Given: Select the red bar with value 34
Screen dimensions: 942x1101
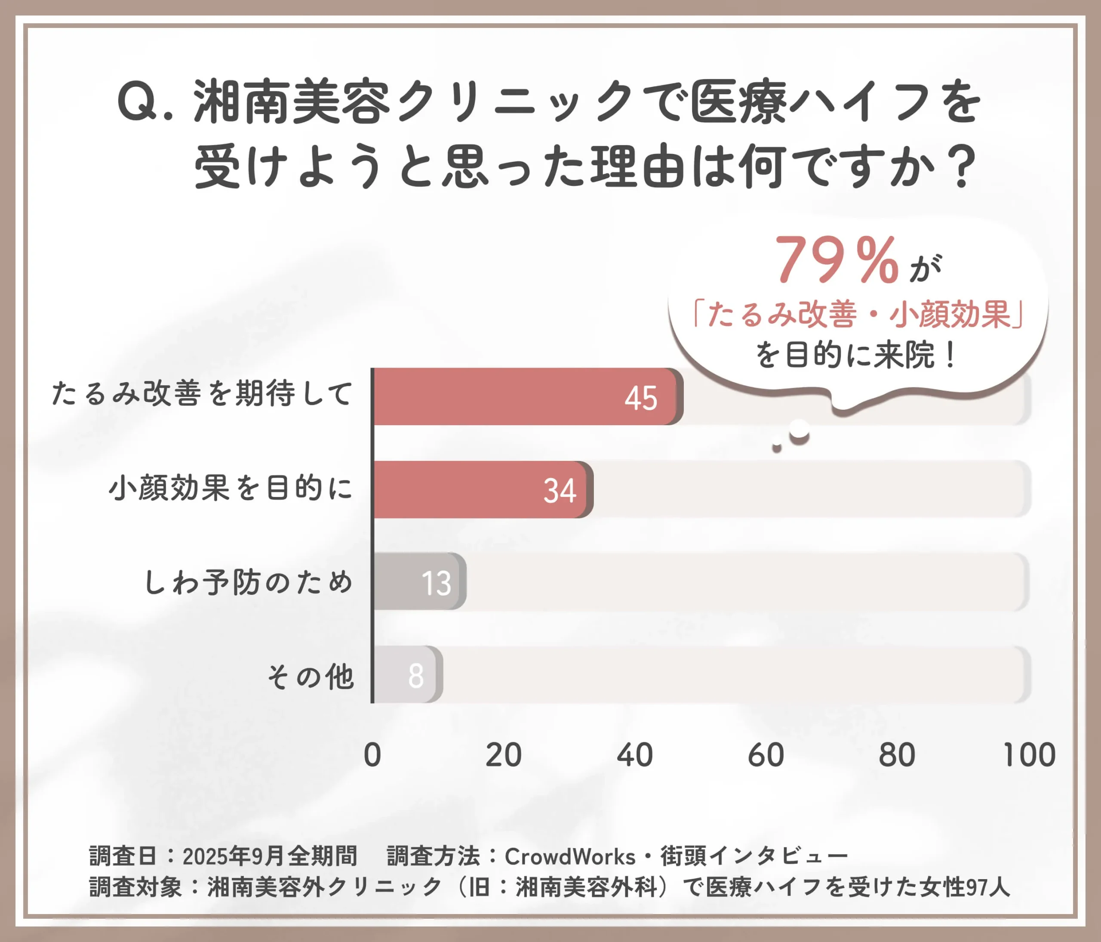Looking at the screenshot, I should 481,489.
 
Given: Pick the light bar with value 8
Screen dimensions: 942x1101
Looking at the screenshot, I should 406,675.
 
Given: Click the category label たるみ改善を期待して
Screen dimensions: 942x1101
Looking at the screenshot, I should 202,394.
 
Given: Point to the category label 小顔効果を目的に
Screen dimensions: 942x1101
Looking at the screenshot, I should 231,488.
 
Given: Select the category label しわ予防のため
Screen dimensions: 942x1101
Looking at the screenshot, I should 248,581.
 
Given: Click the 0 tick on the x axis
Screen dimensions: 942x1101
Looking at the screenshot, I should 372,755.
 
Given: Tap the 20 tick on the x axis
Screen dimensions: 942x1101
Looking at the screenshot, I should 503,755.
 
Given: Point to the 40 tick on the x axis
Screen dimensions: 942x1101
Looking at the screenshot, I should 634,755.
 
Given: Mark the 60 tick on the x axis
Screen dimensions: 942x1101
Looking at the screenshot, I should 766,755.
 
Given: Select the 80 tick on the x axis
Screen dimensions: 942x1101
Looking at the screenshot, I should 897,755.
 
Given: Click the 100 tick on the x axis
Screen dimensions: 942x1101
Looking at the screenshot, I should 1029,755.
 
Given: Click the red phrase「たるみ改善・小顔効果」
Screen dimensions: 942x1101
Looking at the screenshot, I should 858,314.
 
